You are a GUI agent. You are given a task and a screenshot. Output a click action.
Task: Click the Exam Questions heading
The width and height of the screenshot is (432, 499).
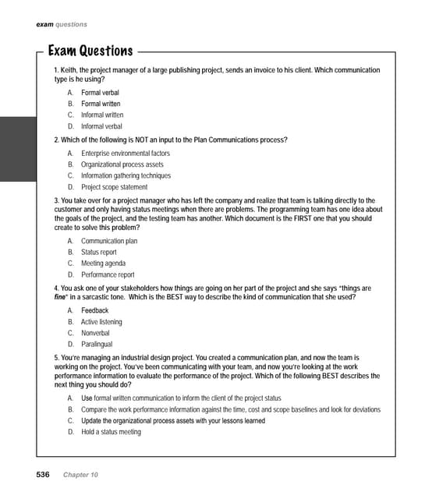click(x=90, y=51)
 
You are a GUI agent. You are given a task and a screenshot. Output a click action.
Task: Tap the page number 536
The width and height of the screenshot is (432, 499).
click(x=43, y=475)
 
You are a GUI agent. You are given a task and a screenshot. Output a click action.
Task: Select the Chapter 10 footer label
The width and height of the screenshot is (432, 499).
click(x=81, y=475)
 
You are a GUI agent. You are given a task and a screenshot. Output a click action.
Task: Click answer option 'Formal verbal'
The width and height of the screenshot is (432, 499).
click(x=100, y=93)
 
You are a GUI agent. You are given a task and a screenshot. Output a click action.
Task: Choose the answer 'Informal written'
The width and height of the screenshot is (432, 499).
click(x=102, y=115)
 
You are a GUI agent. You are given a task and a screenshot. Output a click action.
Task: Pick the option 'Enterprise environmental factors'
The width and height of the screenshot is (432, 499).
click(x=125, y=154)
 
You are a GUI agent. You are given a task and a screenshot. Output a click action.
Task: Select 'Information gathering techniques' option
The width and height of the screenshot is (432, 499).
click(x=126, y=175)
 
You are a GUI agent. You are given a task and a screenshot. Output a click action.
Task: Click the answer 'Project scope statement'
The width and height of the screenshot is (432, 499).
click(x=114, y=187)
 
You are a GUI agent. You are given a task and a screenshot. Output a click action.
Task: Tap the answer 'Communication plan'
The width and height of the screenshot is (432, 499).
click(x=109, y=242)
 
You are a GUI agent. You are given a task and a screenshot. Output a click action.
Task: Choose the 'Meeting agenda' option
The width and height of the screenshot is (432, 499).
click(x=103, y=264)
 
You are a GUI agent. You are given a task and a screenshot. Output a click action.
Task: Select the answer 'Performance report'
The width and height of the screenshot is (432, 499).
click(x=108, y=274)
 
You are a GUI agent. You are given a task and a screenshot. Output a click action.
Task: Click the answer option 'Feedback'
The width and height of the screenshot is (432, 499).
click(x=95, y=311)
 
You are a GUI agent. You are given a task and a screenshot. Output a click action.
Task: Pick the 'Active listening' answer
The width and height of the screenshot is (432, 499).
click(x=101, y=322)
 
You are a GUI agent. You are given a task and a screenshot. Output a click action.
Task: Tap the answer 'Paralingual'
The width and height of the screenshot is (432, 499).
click(x=97, y=344)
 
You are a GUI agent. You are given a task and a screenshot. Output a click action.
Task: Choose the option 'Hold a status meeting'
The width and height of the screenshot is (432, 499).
click(x=111, y=432)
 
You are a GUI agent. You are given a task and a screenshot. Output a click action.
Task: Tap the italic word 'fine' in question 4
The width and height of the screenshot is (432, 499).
click(x=62, y=297)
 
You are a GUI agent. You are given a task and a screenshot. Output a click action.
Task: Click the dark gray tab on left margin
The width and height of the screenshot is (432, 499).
click(x=18, y=148)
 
